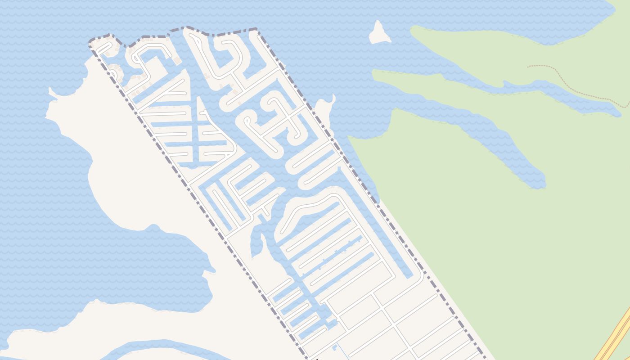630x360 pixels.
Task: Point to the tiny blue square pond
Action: pos(334,347)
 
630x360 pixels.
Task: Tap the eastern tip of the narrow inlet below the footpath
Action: pos(619,113)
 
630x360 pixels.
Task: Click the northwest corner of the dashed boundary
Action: pos(90,43)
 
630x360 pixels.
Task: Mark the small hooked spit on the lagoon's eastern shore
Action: pos(209,273)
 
